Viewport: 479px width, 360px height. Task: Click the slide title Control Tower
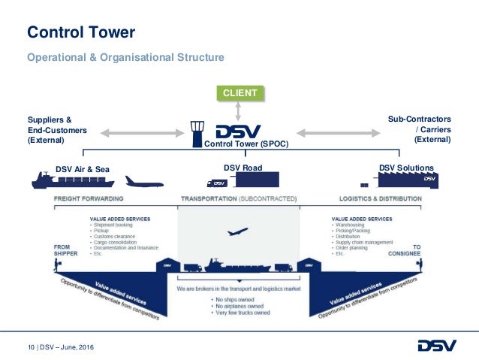[81, 32]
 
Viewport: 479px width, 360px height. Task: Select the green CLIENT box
[238, 93]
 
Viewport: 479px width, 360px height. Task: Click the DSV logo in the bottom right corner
[435, 345]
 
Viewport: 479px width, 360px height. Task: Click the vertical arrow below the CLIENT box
[238, 110]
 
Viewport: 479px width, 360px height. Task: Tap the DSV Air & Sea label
[83, 169]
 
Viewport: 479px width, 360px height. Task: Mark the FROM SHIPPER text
[66, 250]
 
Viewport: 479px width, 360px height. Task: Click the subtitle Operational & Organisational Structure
[125, 57]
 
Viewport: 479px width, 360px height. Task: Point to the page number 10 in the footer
[32, 346]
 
